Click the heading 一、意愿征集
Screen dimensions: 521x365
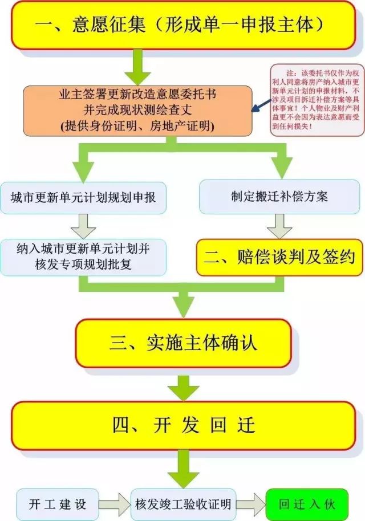(x=182, y=25)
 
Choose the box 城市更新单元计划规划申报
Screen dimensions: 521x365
(x=83, y=197)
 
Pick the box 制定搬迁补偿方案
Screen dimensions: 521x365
(x=279, y=197)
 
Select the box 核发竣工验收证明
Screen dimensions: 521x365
(x=183, y=504)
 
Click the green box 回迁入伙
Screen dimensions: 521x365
(x=307, y=504)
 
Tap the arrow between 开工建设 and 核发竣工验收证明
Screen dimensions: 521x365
(x=115, y=504)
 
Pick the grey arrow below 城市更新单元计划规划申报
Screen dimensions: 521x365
(x=84, y=225)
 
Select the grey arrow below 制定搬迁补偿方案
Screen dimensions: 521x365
(x=279, y=225)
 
